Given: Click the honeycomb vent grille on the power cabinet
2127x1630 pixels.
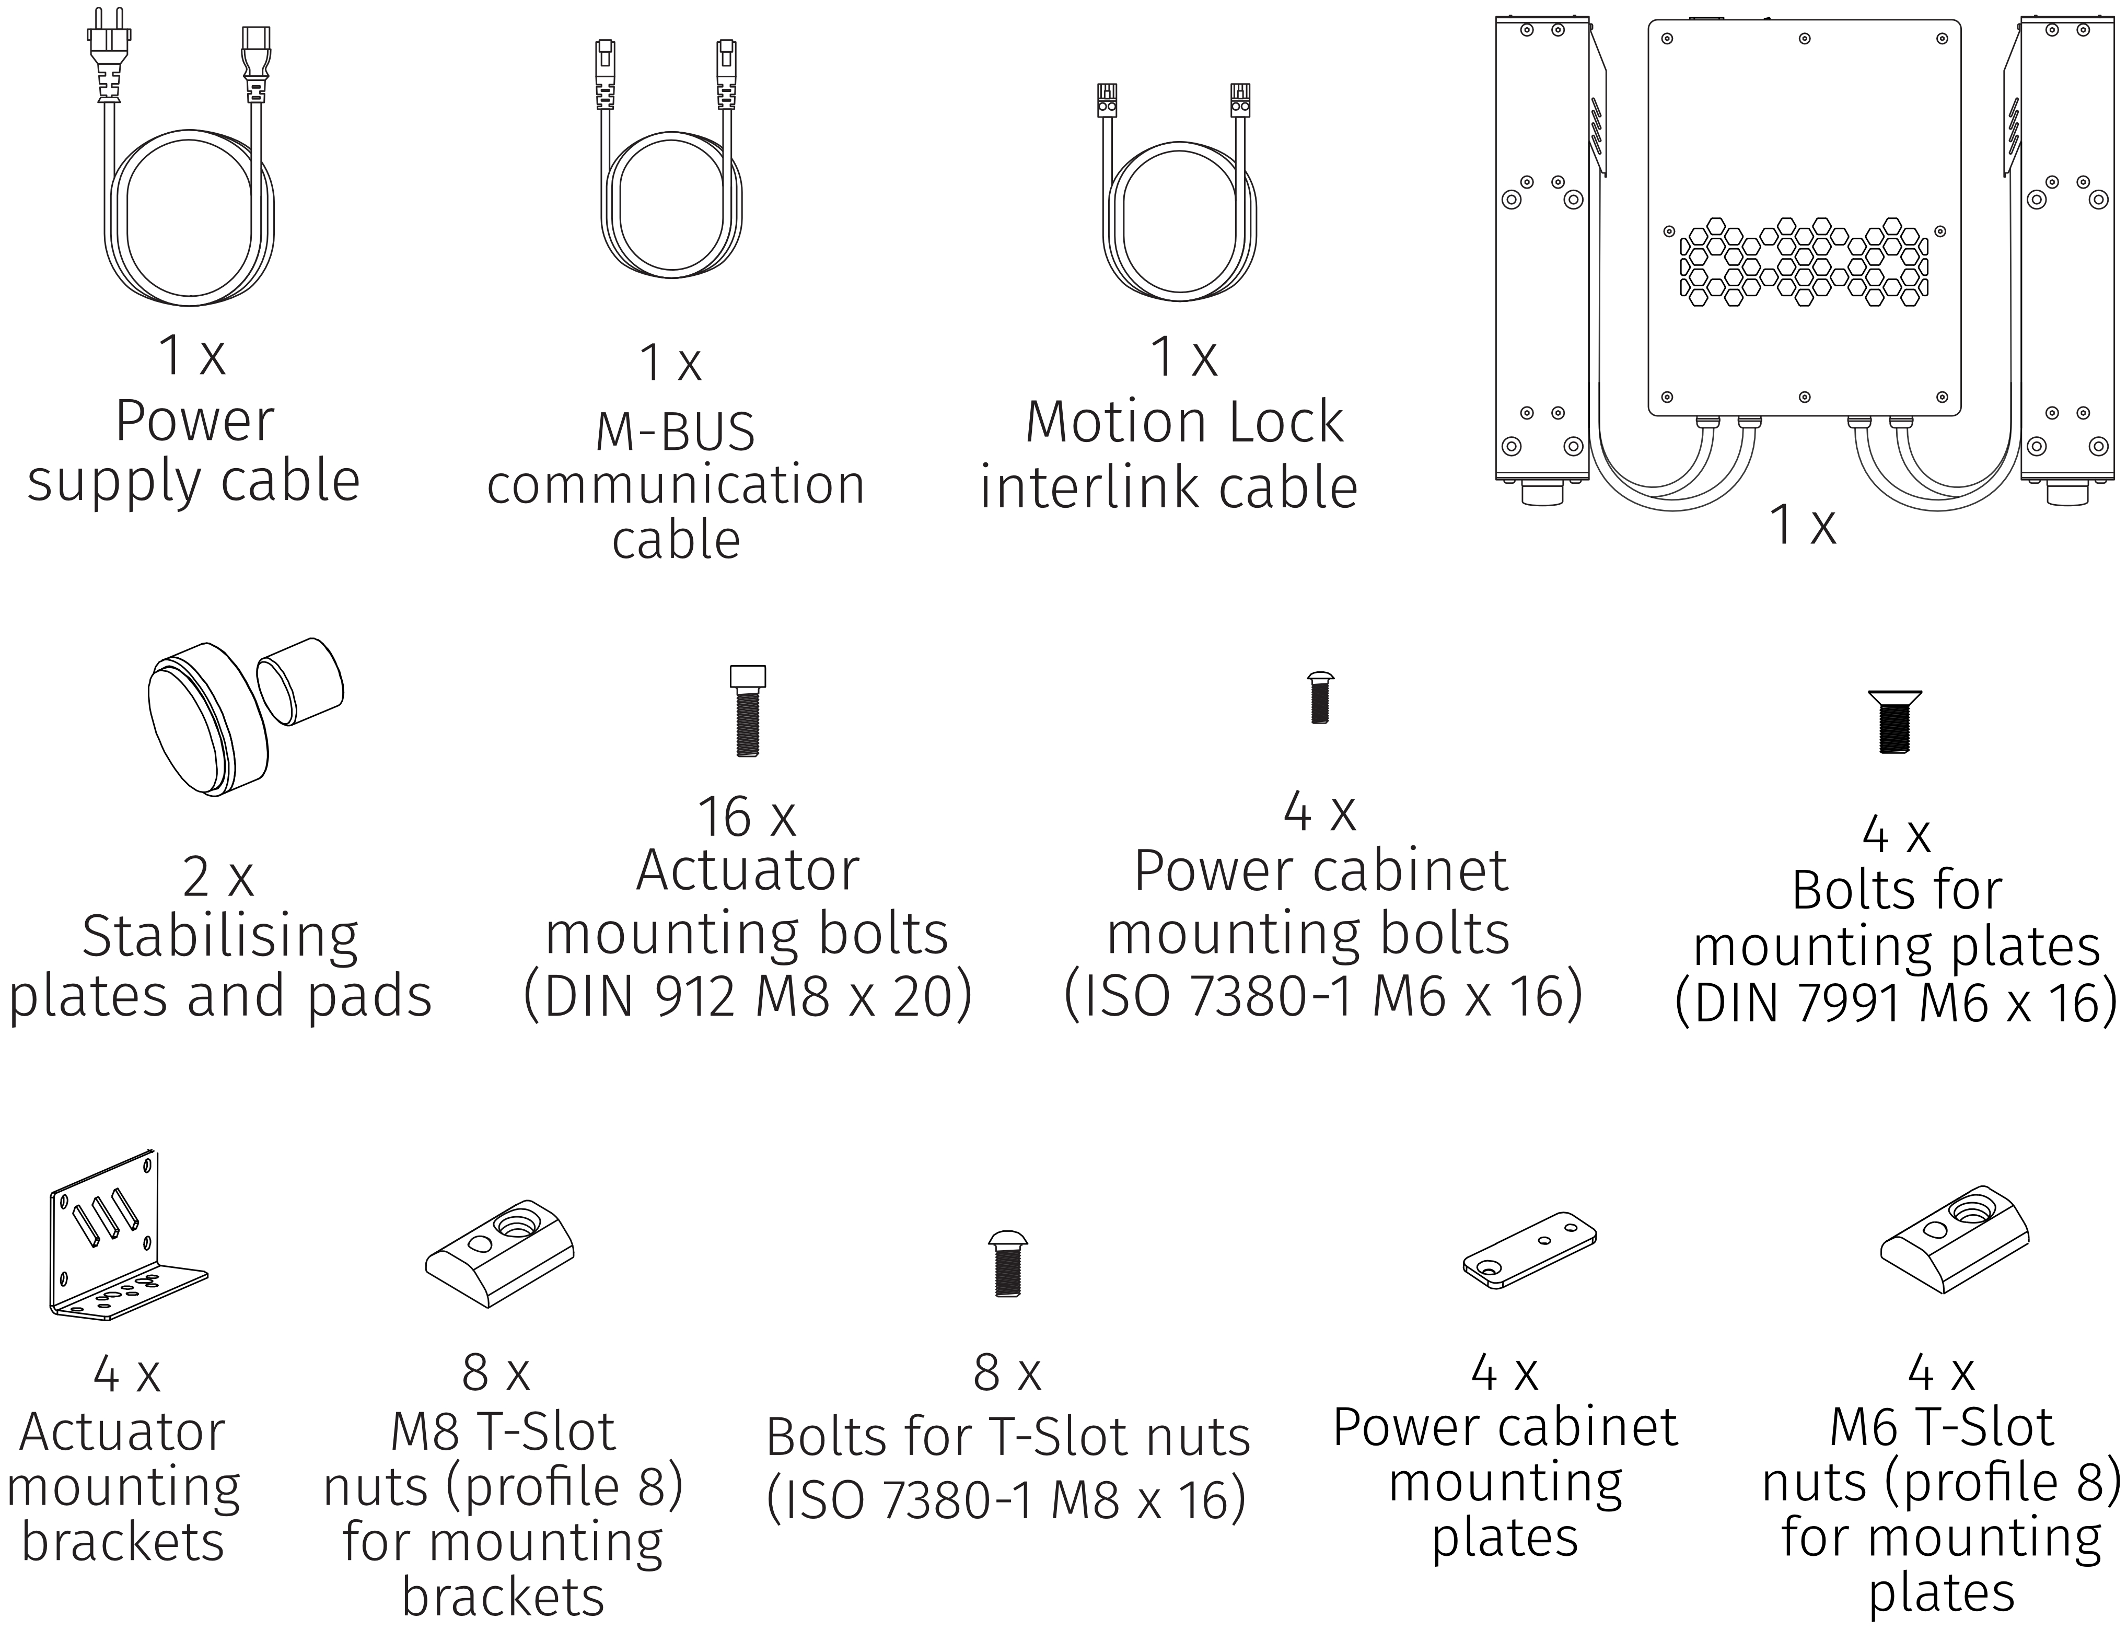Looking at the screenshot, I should pyautogui.click(x=1803, y=262).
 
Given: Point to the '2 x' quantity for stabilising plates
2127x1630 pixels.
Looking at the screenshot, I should pyautogui.click(x=217, y=878).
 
